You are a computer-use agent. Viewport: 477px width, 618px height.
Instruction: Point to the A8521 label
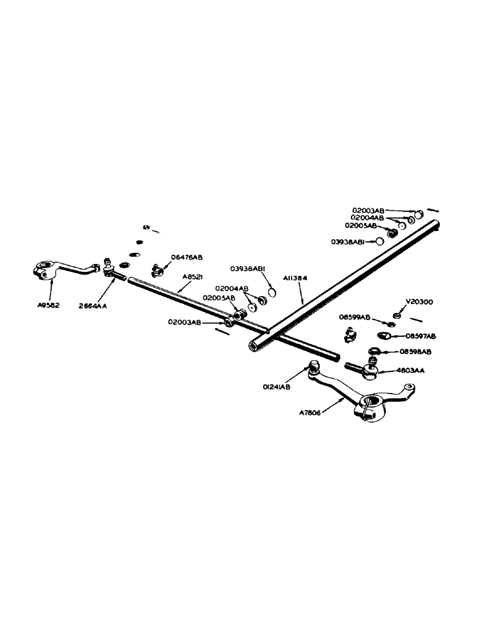pos(193,277)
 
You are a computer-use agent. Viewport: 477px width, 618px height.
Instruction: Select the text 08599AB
pos(354,316)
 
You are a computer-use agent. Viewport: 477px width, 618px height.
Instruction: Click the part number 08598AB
pos(415,352)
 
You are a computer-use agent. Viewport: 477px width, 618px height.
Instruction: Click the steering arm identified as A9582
pos(59,271)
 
